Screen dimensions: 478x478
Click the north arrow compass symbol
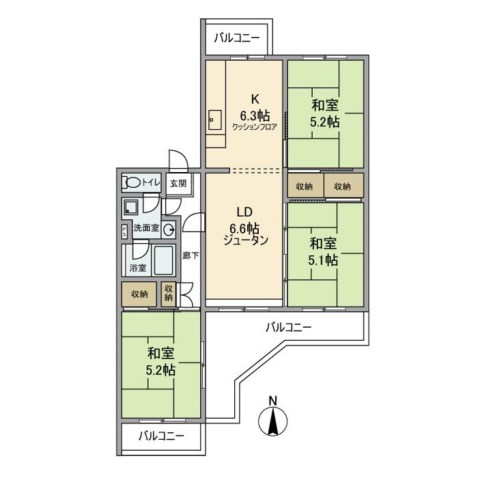coord(272,417)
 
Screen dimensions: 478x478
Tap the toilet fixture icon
coord(132,182)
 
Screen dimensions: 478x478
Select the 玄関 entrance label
coord(178,183)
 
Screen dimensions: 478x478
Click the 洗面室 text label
coord(145,228)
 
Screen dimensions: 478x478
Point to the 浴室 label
coord(137,268)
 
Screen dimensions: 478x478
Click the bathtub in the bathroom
coord(165,259)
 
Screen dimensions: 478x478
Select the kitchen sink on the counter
coord(214,122)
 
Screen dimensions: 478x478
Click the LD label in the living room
coord(244,212)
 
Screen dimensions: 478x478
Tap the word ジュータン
coord(244,240)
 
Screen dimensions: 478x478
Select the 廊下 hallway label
coord(191,256)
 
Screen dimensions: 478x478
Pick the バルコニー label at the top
coord(236,38)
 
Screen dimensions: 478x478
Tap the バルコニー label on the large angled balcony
coord(288,328)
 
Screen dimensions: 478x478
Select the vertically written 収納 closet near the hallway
coord(169,294)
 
